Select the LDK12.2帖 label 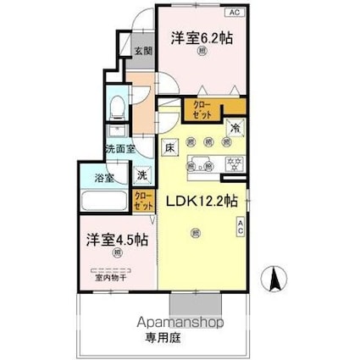pyautogui.click(x=201, y=202)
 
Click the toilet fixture pyautogui.click(x=118, y=108)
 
